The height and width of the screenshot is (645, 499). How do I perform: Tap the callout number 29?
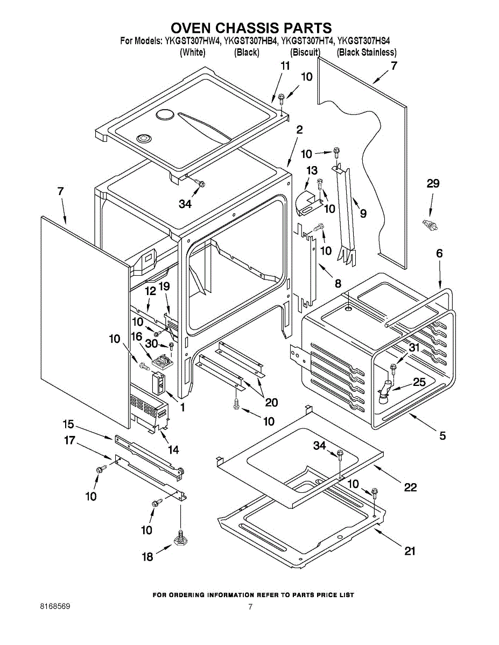pyautogui.click(x=433, y=184)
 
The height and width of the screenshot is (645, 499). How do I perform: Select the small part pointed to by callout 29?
pyautogui.click(x=430, y=225)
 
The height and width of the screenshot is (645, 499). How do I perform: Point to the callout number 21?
pyautogui.click(x=410, y=551)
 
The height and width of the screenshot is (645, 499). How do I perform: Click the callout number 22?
pyautogui.click(x=410, y=487)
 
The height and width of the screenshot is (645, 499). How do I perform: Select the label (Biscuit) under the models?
pyautogui.click(x=305, y=53)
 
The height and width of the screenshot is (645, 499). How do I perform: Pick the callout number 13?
pyautogui.click(x=312, y=170)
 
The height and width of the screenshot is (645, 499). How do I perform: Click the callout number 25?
pyautogui.click(x=419, y=382)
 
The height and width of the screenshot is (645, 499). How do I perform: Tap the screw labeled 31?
pyautogui.click(x=393, y=369)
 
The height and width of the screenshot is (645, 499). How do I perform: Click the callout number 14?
pyautogui.click(x=173, y=450)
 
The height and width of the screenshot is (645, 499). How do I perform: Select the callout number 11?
pyautogui.click(x=285, y=66)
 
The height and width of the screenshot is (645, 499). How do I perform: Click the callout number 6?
pyautogui.click(x=439, y=253)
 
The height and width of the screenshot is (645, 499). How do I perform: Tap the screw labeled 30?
pyautogui.click(x=171, y=346)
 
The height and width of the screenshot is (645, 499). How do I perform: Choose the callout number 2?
pyautogui.click(x=299, y=130)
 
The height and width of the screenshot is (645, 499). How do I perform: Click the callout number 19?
pyautogui.click(x=164, y=286)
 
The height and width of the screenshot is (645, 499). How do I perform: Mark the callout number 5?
pyautogui.click(x=442, y=435)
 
